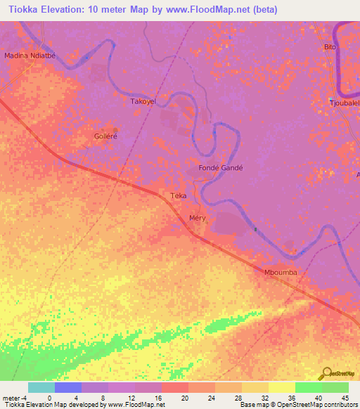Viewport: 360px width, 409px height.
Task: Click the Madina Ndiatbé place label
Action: [30, 55]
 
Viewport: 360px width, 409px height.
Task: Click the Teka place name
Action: [178, 196]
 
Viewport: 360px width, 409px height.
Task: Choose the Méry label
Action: [198, 219]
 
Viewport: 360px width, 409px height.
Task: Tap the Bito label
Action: [330, 47]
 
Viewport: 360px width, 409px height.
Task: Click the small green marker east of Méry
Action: [255, 228]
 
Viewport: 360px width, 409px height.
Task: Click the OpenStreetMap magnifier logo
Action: [326, 373]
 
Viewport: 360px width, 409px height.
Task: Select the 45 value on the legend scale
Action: [345, 397]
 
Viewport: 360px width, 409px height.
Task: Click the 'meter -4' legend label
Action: [13, 397]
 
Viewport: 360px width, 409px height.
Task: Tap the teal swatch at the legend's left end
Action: [41, 387]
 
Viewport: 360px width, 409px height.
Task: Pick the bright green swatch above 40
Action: [308, 387]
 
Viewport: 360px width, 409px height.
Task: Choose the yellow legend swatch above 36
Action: [281, 387]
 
